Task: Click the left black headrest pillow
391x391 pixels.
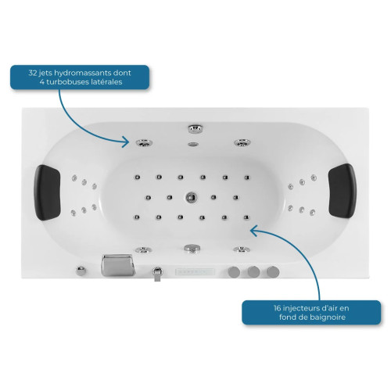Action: click(x=47, y=192)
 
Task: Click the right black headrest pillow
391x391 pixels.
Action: click(x=343, y=191)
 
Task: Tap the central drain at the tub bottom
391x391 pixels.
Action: click(x=192, y=197)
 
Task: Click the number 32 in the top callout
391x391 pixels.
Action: click(x=33, y=73)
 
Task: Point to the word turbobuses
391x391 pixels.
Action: click(x=65, y=82)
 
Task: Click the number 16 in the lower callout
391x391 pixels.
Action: click(x=277, y=308)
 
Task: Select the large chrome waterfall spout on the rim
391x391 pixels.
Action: click(x=118, y=264)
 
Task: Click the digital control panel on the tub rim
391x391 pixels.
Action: click(x=195, y=272)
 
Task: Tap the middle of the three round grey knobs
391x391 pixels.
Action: click(x=253, y=272)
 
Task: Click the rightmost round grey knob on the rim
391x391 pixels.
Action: click(x=273, y=272)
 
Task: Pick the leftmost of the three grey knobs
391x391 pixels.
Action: click(x=234, y=272)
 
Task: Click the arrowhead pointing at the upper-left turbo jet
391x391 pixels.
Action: click(x=126, y=142)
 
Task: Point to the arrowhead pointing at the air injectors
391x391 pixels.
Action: click(x=253, y=231)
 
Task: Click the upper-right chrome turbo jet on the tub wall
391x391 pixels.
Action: click(x=242, y=142)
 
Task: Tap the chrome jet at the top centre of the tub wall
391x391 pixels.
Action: click(x=195, y=128)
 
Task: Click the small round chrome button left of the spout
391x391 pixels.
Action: click(x=81, y=271)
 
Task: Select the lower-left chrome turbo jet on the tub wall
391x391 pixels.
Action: click(x=143, y=249)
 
